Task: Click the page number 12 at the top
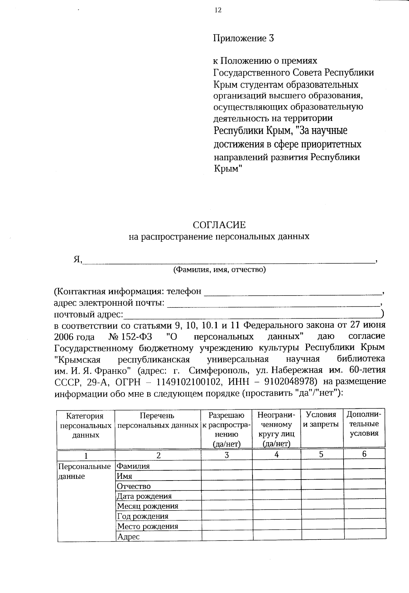pos(218,10)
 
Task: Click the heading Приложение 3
pos(243,38)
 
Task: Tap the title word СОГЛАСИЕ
pos(219,225)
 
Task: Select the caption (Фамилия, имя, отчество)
pos(219,270)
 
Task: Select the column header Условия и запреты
pos(321,420)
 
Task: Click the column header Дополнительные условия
pos(364,424)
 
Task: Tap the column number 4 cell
pos(276,454)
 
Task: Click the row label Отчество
pos(134,486)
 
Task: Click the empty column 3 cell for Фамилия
pos(227,466)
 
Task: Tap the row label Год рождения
pos(143,516)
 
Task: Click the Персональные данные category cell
pos(85,471)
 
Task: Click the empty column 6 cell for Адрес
pos(364,536)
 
